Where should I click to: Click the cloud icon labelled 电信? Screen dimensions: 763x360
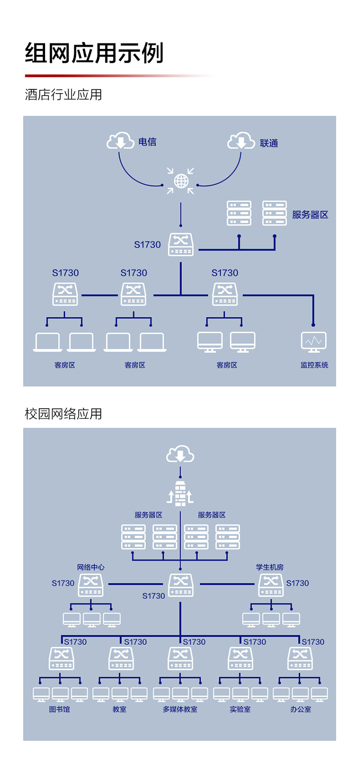(120, 141)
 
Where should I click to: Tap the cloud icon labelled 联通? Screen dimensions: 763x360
(241, 141)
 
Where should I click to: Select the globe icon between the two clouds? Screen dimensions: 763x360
(181, 181)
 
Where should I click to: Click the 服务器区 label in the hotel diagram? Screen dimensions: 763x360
(310, 215)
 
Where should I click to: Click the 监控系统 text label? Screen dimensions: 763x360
(314, 365)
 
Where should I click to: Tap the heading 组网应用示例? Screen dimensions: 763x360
(95, 53)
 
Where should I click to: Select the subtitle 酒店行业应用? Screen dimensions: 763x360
(63, 95)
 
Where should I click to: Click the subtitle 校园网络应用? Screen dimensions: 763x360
(63, 413)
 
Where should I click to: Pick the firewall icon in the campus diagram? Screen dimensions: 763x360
(180, 494)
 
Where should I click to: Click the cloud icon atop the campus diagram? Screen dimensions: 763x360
(180, 454)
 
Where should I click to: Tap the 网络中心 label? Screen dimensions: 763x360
(91, 567)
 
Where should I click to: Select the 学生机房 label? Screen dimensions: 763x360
(270, 567)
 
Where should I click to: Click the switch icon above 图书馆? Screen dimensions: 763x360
(61, 658)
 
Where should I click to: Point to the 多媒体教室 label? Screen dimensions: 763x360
(180, 709)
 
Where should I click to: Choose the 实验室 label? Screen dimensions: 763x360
(240, 709)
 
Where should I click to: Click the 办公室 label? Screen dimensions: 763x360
(300, 709)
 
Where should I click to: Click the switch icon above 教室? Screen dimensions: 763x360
(121, 658)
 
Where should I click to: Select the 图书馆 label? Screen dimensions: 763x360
(60, 709)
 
